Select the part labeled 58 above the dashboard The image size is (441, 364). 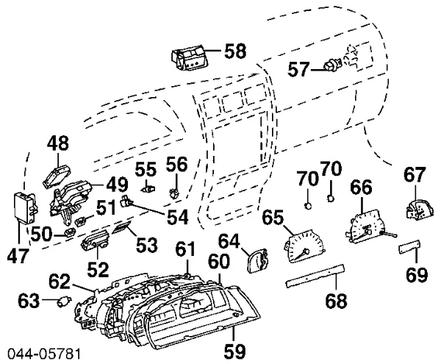188,57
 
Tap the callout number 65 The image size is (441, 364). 272,217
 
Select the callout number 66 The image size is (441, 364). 362,189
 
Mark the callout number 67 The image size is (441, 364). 415,175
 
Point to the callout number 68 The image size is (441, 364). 337,301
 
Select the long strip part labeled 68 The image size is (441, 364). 312,277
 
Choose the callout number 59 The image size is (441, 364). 234,350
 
